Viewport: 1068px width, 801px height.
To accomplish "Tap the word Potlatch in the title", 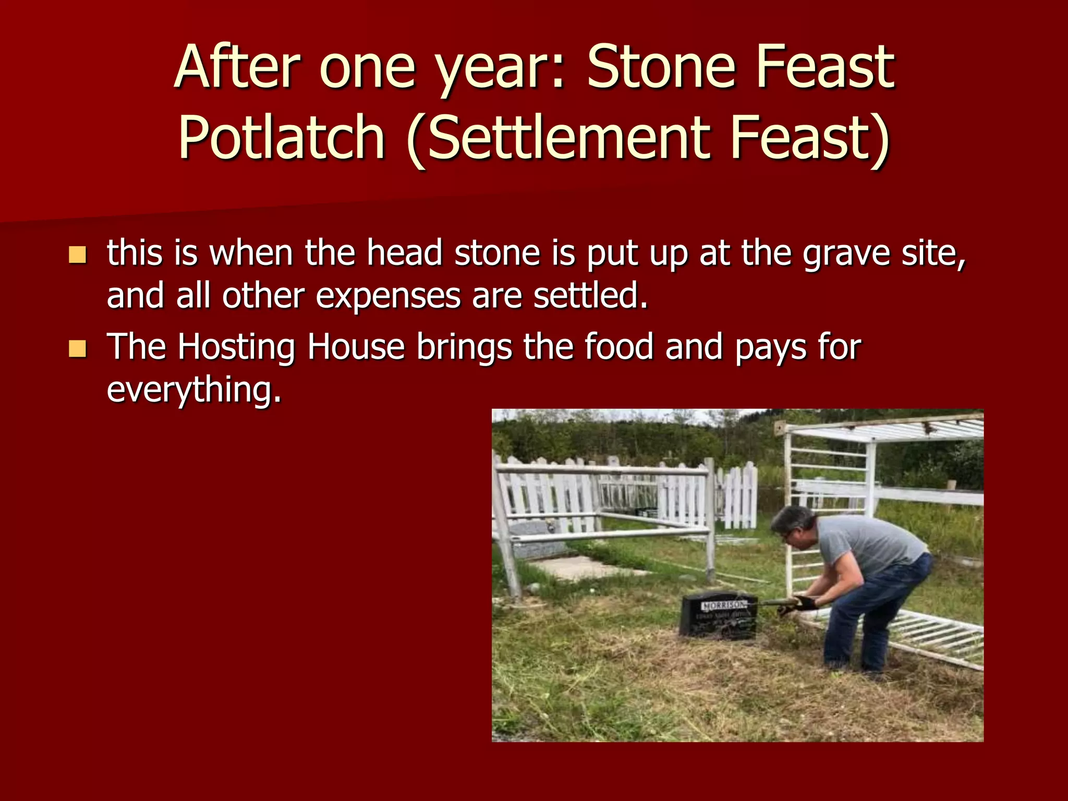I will (282, 137).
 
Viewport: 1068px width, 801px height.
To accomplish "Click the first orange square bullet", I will (77, 255).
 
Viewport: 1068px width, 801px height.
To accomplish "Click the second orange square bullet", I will (77, 349).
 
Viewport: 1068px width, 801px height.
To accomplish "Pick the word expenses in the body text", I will (389, 296).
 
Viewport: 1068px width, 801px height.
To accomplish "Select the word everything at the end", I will (194, 390).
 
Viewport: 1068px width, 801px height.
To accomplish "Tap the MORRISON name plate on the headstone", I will (724, 605).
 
